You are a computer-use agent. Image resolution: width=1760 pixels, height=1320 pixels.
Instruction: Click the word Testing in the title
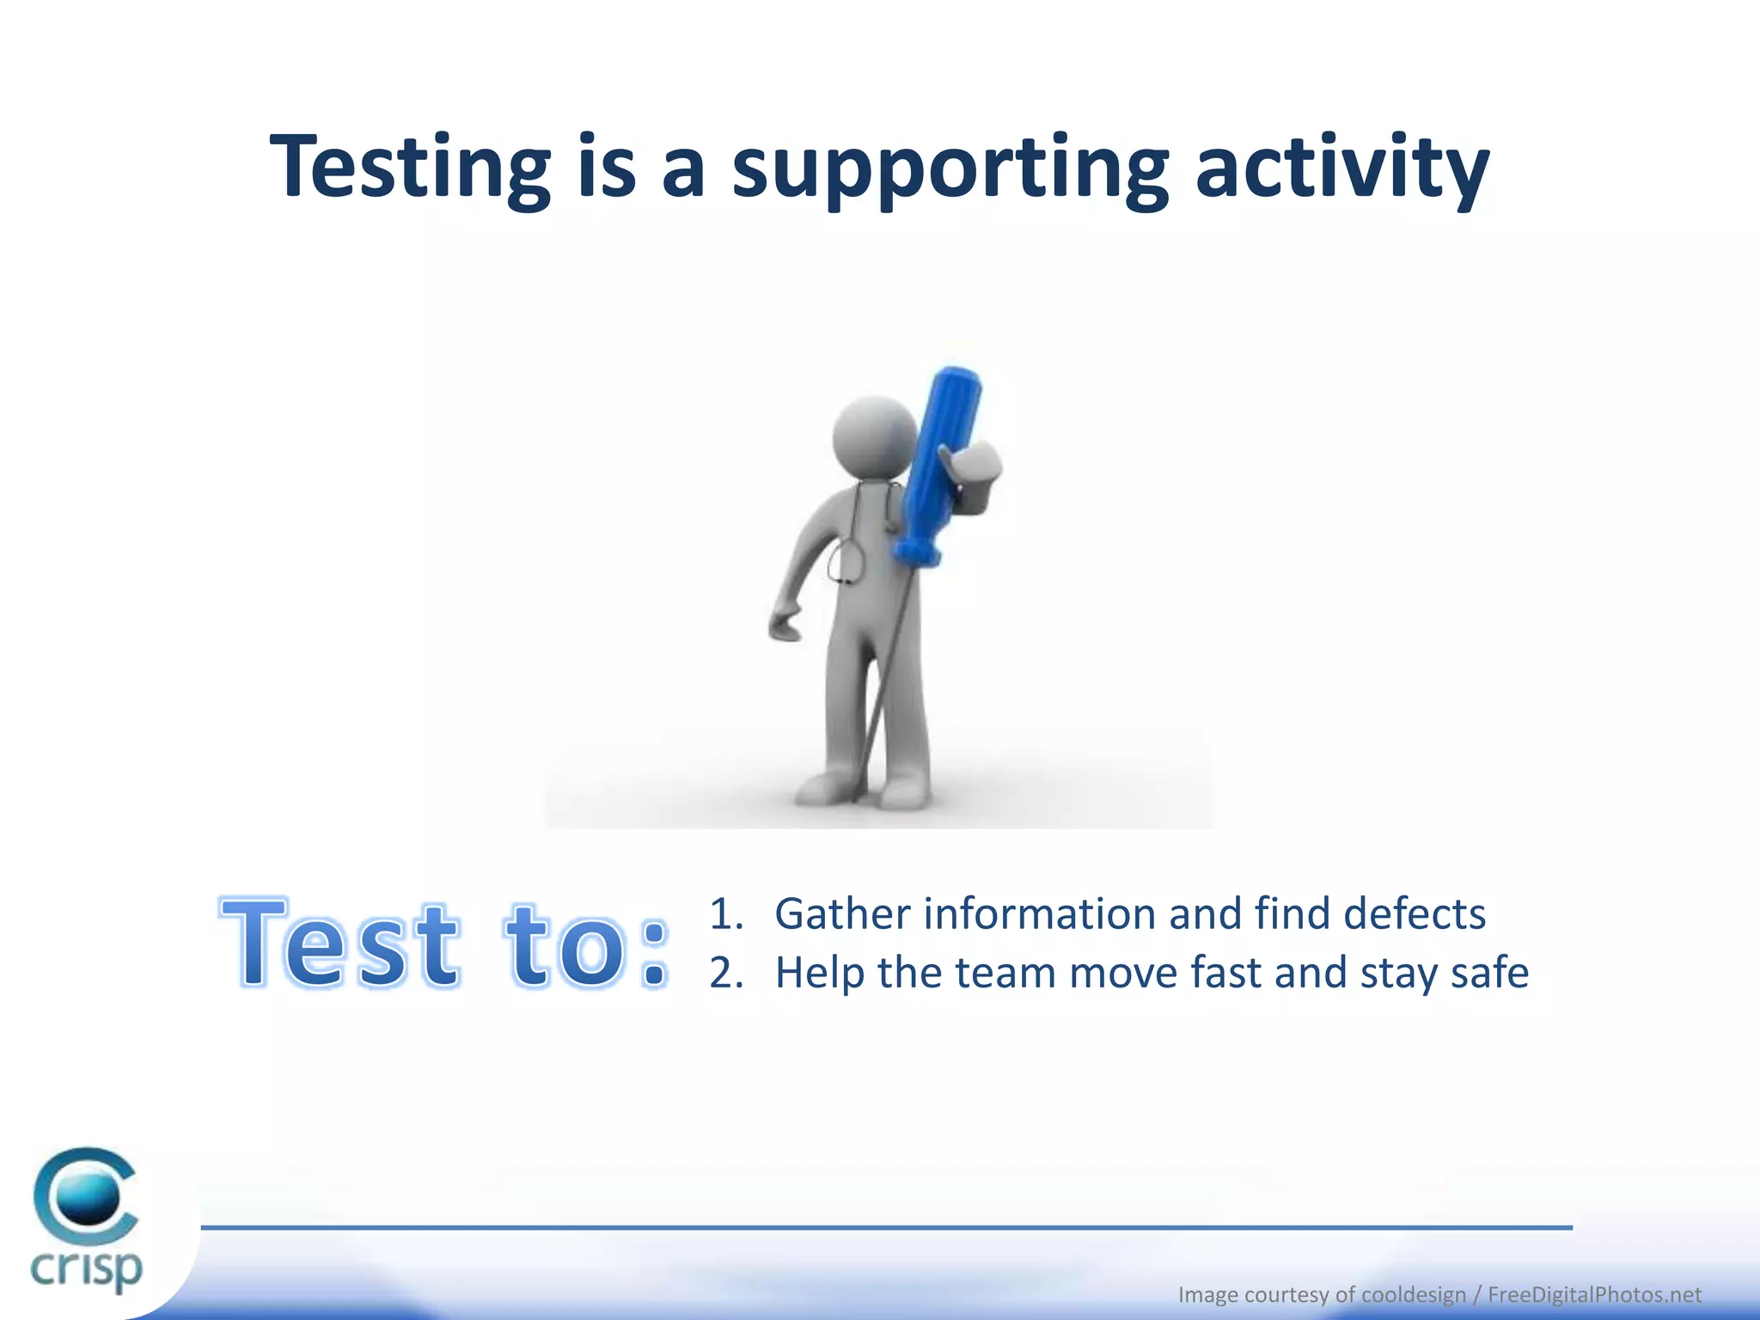[410, 168]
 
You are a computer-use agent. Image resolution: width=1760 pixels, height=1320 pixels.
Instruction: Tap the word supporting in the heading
[950, 168]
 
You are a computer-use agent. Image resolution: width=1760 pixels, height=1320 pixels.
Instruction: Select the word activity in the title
[1341, 168]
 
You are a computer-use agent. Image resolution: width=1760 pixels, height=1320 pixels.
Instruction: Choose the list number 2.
[724, 974]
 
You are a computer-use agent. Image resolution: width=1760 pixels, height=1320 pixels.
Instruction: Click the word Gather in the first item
[841, 914]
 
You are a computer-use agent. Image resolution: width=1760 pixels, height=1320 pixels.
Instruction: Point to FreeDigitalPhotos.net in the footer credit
[1594, 1294]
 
